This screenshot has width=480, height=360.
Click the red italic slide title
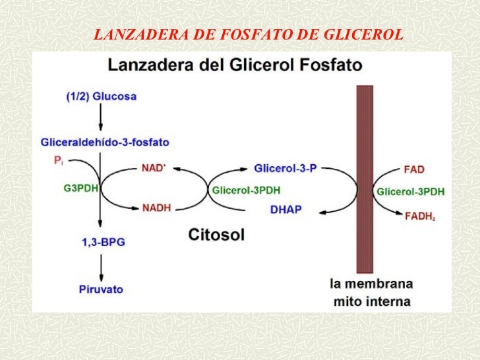point(249,34)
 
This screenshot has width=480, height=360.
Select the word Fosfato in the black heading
point(330,65)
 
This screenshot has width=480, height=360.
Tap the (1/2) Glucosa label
point(102,96)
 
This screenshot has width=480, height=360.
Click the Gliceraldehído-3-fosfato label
point(105,142)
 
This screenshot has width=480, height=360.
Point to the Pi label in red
point(59,160)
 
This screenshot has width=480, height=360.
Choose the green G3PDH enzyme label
point(81,188)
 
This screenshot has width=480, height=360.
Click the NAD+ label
point(154,168)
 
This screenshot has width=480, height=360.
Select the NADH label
point(156,208)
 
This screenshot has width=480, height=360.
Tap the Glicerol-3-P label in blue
point(285,168)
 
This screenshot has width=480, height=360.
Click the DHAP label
point(286,210)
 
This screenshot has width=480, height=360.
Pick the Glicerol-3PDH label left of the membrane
point(246,190)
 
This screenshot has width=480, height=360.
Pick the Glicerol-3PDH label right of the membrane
point(410,192)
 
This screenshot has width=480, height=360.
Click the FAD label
point(414,169)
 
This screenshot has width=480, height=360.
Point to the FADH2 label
point(420,216)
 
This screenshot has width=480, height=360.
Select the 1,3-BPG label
point(104,242)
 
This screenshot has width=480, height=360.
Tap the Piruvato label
point(101,289)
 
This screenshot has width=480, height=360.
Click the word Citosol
point(216,235)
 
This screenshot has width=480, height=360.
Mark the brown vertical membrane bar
point(365,179)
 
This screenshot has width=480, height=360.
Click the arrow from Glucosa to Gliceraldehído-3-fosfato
point(101,117)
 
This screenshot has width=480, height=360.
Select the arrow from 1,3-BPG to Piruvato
point(101,268)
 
